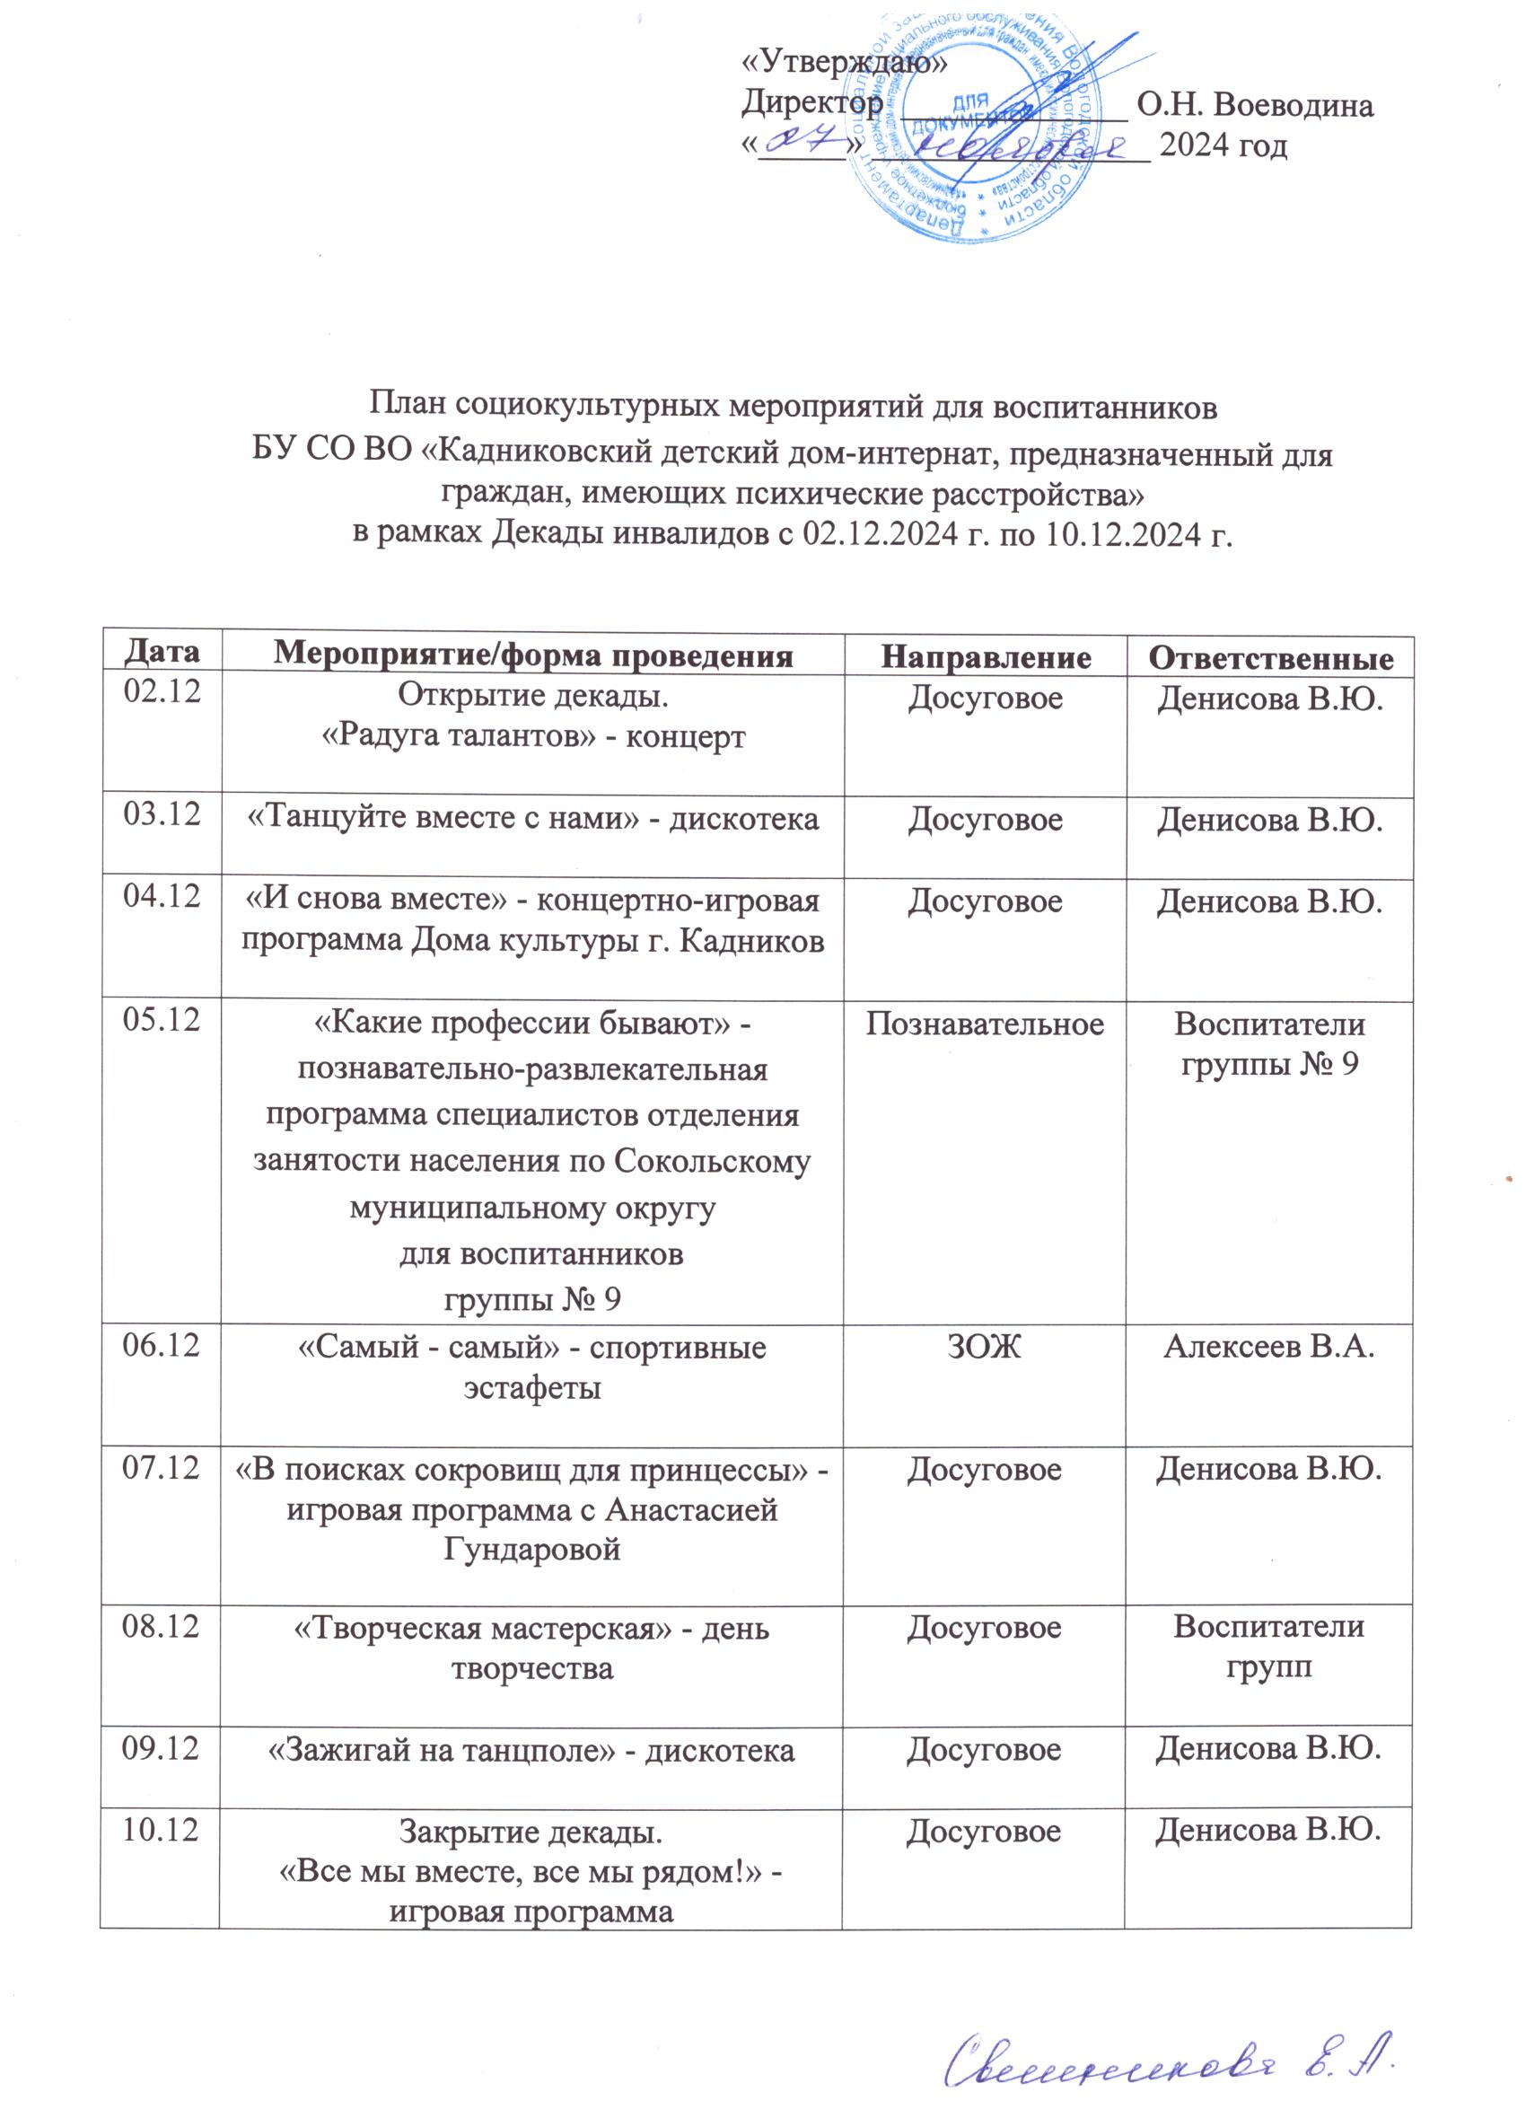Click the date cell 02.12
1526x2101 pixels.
tap(163, 692)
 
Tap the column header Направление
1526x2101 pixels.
tap(985, 655)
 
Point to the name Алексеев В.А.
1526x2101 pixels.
tap(1268, 1348)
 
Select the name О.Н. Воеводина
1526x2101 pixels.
tap(1255, 107)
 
